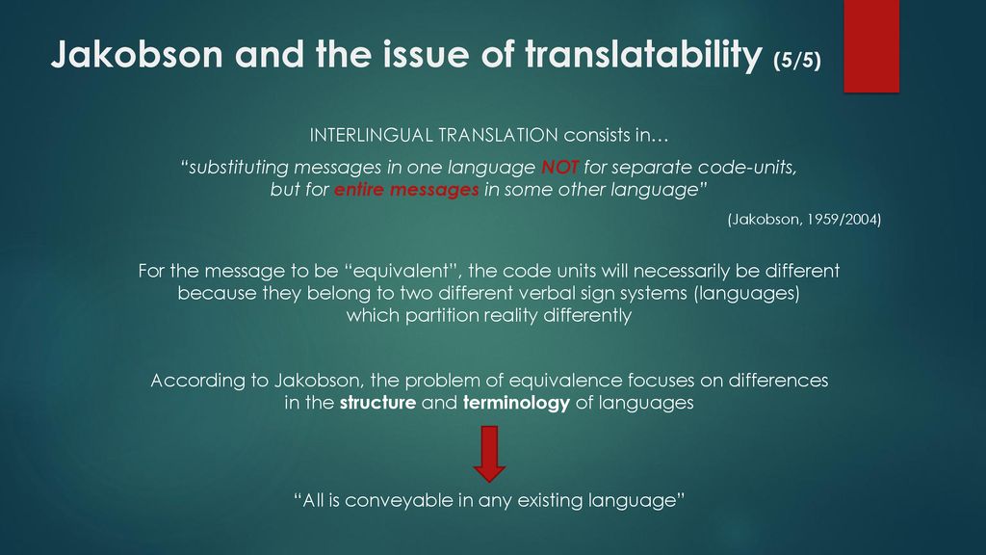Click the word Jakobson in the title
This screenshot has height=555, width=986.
pos(137,54)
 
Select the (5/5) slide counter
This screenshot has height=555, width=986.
pos(797,61)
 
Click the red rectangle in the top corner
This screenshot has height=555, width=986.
pos(871,46)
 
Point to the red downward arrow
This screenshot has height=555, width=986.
pos(489,454)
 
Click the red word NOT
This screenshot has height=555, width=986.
pos(559,168)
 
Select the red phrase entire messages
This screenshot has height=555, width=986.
pos(406,190)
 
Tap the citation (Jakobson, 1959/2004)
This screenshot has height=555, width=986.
pos(804,219)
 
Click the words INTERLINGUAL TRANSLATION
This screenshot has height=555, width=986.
pos(434,135)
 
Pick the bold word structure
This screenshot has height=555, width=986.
pos(377,403)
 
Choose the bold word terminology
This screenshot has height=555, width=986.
pos(516,404)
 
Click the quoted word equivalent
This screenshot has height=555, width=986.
pos(402,271)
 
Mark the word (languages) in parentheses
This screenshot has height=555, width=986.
pos(747,294)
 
